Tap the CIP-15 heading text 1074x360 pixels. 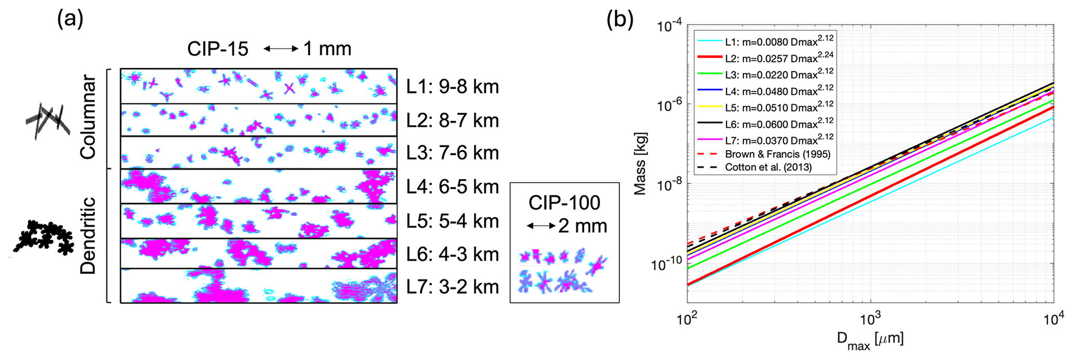218,49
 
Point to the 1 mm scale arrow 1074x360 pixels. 281,49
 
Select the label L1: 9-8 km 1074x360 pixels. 452,87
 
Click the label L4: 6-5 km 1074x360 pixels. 452,186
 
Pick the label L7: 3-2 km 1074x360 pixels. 452,287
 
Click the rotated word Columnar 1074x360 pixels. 88,117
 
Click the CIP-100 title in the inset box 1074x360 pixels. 564,203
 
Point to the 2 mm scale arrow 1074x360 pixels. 541,226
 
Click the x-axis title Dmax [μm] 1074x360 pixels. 870,340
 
